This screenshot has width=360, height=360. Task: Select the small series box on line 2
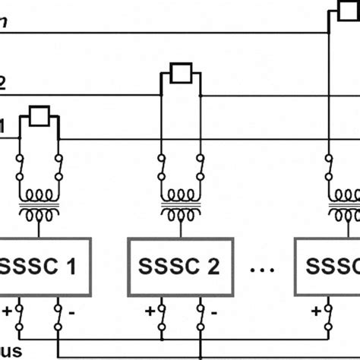[180, 74]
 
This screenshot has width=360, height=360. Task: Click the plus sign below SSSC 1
[8, 309]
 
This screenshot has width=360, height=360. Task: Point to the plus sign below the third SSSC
[316, 309]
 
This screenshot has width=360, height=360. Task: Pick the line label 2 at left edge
[3, 84]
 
